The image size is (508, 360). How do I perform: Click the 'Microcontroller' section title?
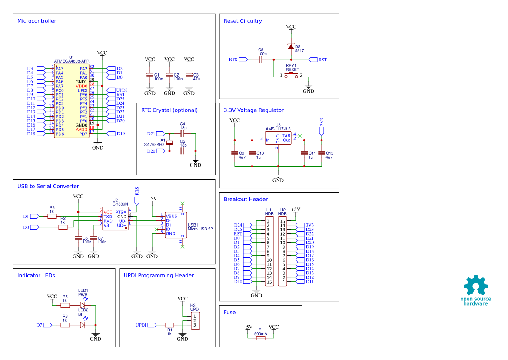pos(37,21)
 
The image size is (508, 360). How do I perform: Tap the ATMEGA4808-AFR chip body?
pos(72,101)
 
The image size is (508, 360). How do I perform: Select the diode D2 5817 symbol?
pos(291,47)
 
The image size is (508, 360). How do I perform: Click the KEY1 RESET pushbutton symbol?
pos(291,76)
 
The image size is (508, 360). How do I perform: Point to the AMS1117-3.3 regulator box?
pos(278,138)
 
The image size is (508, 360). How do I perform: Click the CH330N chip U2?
pos(115,218)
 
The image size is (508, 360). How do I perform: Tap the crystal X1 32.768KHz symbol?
pos(170,142)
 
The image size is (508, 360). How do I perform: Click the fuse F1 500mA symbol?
pos(260,337)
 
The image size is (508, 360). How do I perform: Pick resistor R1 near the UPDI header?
pos(169,325)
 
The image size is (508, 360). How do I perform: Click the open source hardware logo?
pos(476,290)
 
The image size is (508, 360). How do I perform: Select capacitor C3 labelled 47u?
pos(189,75)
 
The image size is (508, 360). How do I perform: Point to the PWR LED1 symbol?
pos(83,305)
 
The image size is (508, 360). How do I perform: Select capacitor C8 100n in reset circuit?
pos(260,60)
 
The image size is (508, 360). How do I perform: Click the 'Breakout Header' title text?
pos(246,199)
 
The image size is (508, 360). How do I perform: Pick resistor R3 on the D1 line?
pos(52,216)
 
